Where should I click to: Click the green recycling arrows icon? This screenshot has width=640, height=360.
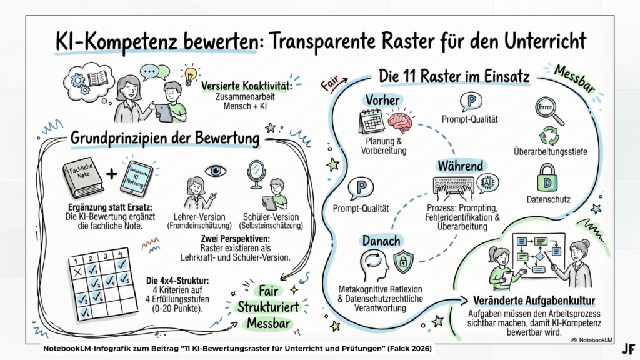(547, 136)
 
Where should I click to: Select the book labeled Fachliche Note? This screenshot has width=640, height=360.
(79, 180)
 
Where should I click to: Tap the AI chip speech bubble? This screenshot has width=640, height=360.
(487, 182)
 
